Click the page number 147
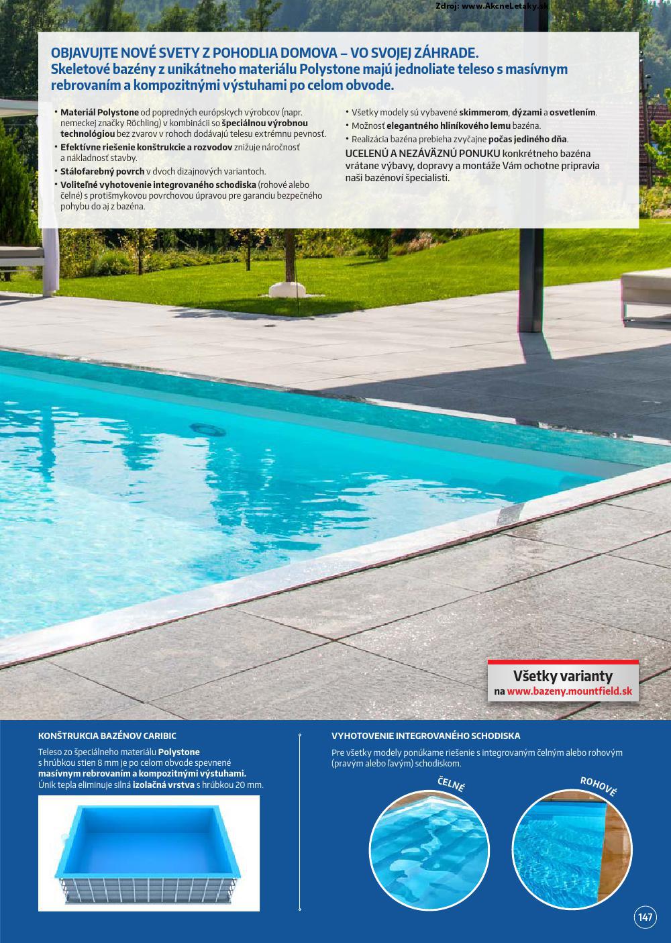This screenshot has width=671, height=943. (646, 917)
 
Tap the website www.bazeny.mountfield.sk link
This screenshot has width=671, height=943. (570, 691)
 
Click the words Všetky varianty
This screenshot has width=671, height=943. (562, 676)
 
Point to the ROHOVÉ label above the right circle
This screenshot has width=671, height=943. (598, 785)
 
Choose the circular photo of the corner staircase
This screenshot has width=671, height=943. (571, 849)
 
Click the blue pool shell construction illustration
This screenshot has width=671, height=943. (149, 852)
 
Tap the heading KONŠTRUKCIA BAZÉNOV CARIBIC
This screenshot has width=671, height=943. (107, 736)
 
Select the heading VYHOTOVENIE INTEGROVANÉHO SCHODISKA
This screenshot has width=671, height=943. (425, 736)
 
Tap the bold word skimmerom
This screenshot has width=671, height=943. (484, 113)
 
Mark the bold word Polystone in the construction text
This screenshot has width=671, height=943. (179, 752)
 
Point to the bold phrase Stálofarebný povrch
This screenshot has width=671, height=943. (102, 171)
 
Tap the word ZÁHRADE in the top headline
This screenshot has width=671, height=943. (445, 54)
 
